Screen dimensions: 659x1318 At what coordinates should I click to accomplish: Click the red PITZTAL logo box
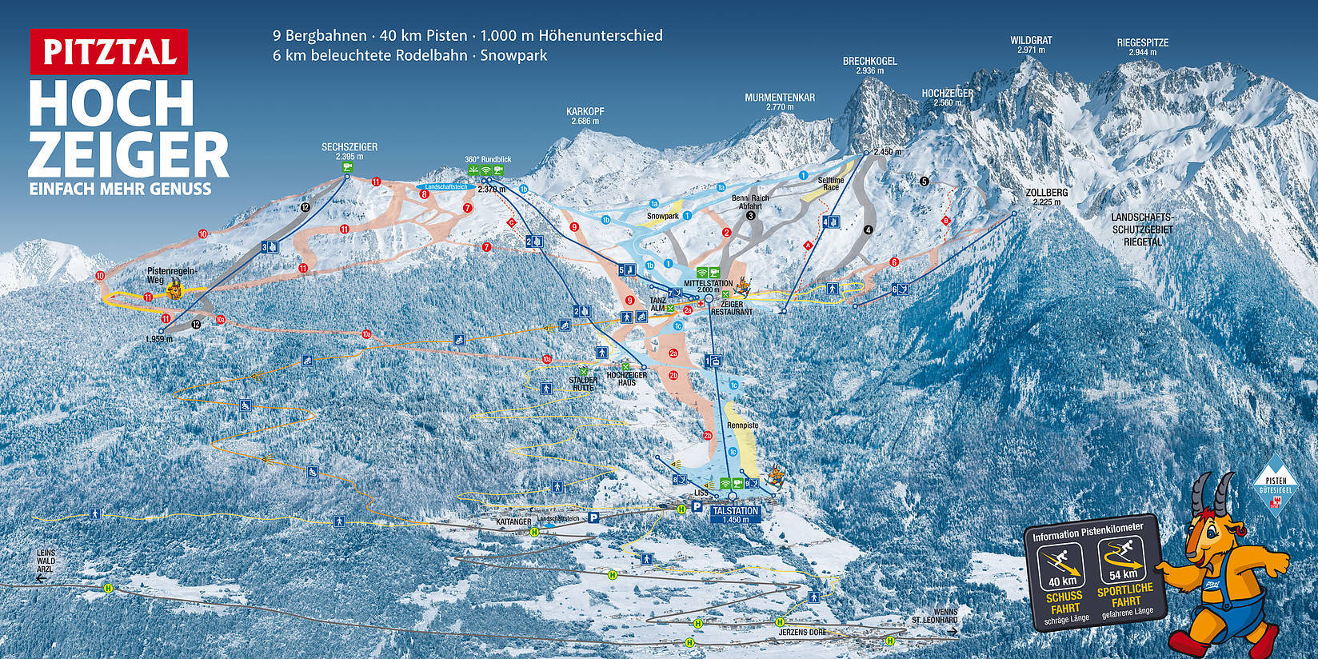[x=109, y=51]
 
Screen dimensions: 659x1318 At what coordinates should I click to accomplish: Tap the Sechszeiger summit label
[x=349, y=151]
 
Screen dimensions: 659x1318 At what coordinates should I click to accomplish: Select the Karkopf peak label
[x=585, y=116]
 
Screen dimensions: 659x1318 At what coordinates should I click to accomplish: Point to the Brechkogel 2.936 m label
[x=869, y=66]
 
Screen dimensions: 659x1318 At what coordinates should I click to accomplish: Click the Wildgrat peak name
[x=1031, y=40]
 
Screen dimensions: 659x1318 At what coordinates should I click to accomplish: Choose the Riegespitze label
[x=1142, y=43]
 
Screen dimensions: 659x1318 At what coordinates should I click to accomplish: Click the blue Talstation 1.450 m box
[x=734, y=514]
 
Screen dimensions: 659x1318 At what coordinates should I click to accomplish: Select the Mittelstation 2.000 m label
[x=708, y=286]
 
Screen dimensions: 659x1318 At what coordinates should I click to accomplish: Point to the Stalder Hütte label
[x=583, y=383]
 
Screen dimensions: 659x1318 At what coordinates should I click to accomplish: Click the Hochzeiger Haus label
[x=627, y=379]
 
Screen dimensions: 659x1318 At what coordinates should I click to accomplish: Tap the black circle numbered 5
[x=925, y=182]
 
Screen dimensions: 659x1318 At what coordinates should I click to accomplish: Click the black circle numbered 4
[x=868, y=230]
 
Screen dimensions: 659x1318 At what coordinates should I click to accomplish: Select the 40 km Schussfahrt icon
[x=1062, y=565]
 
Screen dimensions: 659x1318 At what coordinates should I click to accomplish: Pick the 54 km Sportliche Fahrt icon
[x=1123, y=561]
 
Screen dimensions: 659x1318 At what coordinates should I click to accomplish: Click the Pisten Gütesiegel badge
[x=1275, y=483]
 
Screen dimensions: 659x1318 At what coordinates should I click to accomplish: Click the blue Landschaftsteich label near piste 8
[x=446, y=186]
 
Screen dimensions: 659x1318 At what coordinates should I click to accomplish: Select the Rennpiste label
[x=743, y=425]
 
